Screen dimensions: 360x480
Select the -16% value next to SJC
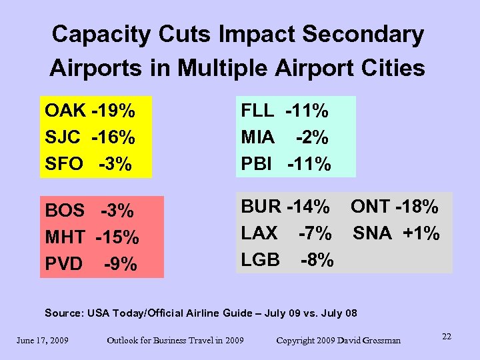point(113,137)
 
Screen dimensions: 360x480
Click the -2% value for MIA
point(312,137)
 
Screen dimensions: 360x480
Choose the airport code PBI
point(257,164)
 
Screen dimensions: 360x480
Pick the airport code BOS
point(65,211)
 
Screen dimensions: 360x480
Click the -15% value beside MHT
point(117,237)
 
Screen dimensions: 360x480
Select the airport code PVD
point(64,264)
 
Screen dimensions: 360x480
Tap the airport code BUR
point(261,207)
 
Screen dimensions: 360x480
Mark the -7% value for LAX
point(315,233)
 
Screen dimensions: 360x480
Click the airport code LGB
point(260,259)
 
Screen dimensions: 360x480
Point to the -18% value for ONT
point(417,207)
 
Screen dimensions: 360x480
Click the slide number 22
point(446,337)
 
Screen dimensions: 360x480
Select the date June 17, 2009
point(43,341)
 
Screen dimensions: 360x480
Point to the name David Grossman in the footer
point(369,341)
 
